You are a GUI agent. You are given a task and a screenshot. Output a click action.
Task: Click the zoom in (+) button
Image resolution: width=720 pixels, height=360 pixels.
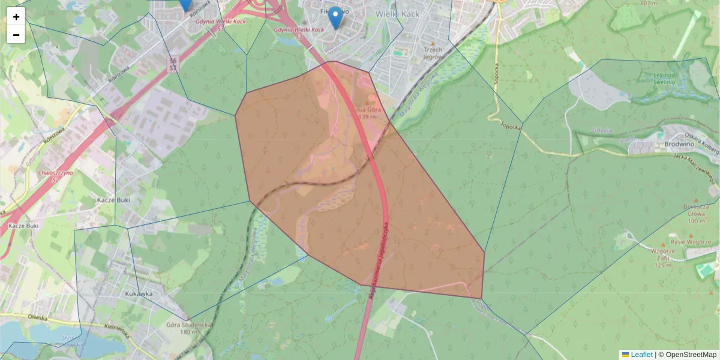click(x=16, y=17)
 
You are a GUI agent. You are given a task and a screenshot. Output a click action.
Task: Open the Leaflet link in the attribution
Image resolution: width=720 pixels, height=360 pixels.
click(x=641, y=355)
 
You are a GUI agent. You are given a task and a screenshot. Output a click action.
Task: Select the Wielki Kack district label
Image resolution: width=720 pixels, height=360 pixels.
click(x=397, y=13)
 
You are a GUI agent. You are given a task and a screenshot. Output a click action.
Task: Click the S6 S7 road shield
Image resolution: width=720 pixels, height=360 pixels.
click(x=173, y=64)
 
